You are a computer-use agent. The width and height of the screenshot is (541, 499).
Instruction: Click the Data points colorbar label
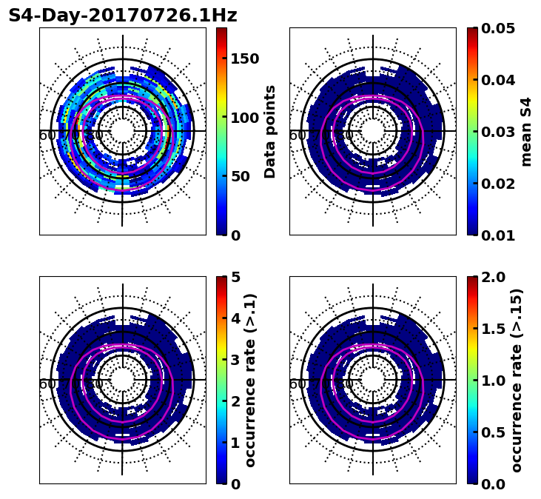tap(270, 131)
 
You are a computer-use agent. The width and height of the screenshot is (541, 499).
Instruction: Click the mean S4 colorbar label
tap(526, 131)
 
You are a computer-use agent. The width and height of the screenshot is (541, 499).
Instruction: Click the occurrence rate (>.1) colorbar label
tap(251, 380)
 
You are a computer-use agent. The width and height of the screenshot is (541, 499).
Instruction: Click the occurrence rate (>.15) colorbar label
tap(517, 380)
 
